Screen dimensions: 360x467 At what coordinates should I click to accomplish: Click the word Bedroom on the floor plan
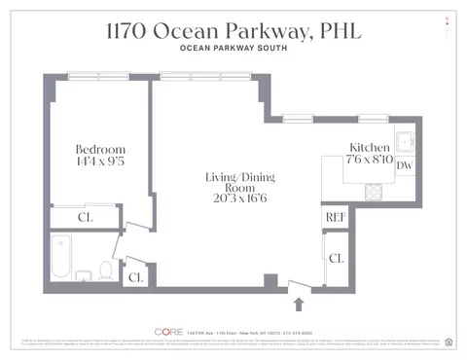pos(98,149)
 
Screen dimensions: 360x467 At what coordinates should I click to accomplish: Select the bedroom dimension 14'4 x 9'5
pos(98,162)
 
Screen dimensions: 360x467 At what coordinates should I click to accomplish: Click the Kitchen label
pos(369,147)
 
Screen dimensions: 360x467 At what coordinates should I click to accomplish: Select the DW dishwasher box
pos(405,165)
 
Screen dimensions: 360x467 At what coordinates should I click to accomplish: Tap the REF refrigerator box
pos(336,218)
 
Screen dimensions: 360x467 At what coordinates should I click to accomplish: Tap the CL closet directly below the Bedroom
pos(85,217)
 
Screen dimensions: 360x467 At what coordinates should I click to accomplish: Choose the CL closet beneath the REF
pos(336,259)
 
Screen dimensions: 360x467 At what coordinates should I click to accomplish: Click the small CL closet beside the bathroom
pos(135,276)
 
